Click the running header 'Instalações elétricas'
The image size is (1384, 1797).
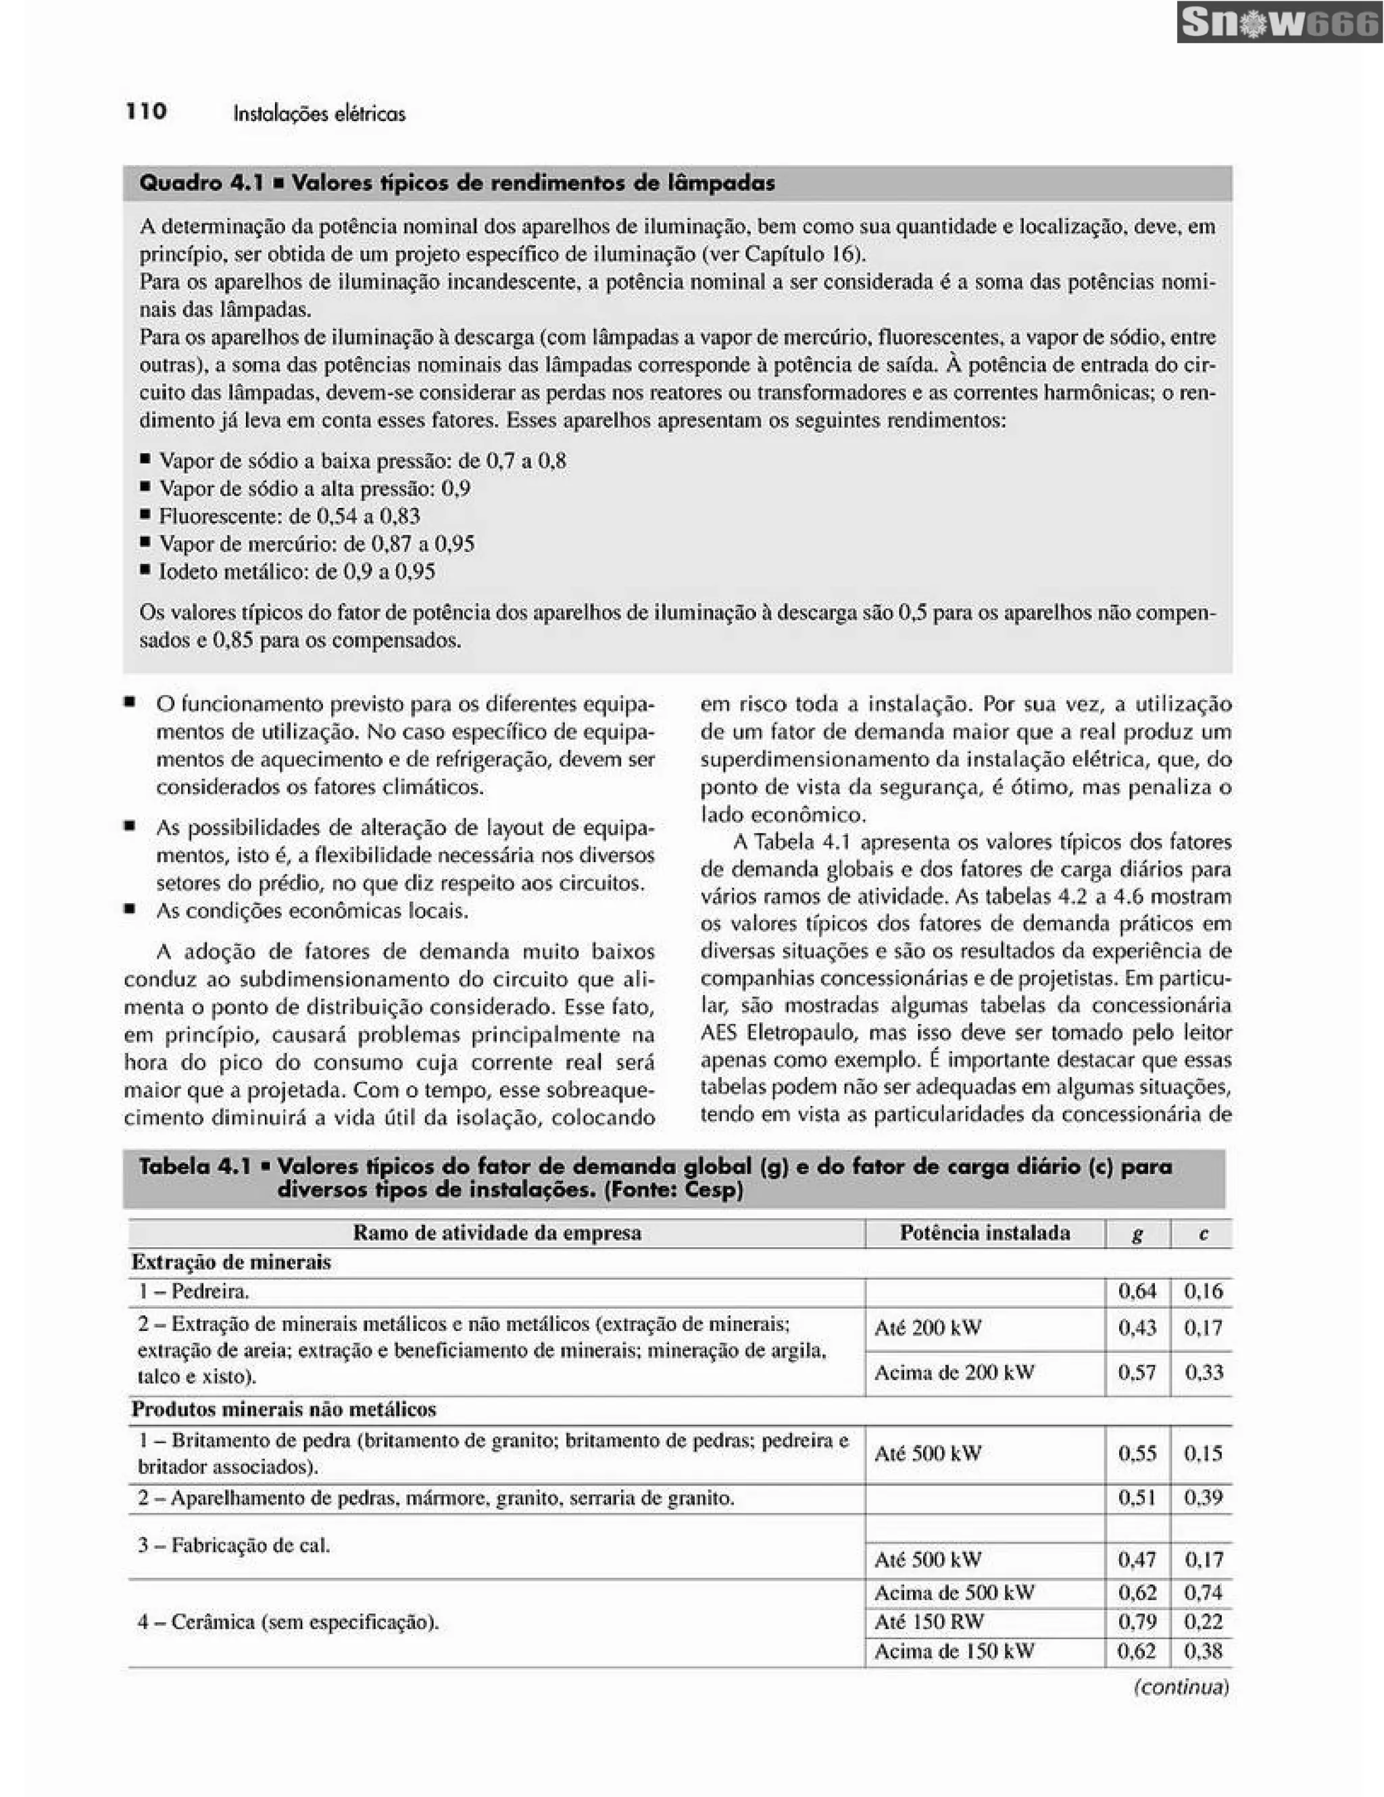pyautogui.click(x=319, y=113)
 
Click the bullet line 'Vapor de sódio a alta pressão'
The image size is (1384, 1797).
pyautogui.click(x=314, y=488)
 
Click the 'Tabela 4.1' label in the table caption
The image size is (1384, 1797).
pyautogui.click(x=194, y=1166)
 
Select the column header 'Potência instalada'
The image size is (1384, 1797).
pyautogui.click(x=984, y=1232)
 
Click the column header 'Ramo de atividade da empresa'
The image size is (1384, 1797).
pyautogui.click(x=496, y=1232)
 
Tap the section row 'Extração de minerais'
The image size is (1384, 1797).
pyautogui.click(x=231, y=1262)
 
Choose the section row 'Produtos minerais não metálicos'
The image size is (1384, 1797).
pyautogui.click(x=284, y=1409)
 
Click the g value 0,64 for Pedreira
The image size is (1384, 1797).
pyautogui.click(x=1137, y=1291)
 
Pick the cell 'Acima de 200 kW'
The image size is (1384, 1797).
pyautogui.click(x=954, y=1373)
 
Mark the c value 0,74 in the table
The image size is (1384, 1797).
pyautogui.click(x=1203, y=1592)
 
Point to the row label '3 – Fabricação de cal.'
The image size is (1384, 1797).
pyautogui.click(x=234, y=1545)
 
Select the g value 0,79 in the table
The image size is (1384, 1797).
pyautogui.click(x=1137, y=1622)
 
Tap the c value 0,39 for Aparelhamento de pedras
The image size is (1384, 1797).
pyautogui.click(x=1203, y=1498)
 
